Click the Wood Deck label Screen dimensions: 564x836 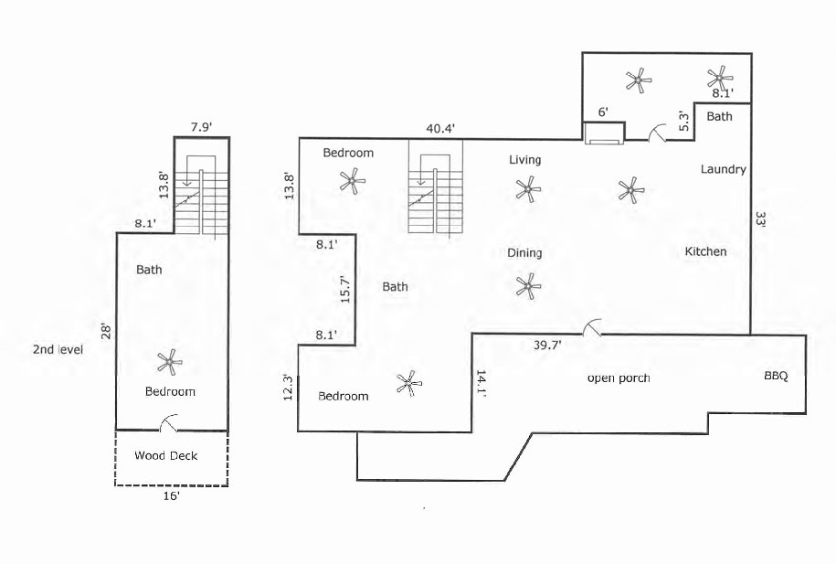(x=165, y=455)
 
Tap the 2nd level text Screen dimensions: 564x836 (x=58, y=350)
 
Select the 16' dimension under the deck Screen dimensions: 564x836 (x=171, y=497)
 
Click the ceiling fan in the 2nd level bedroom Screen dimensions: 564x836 (x=168, y=363)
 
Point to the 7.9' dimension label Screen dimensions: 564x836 (x=201, y=125)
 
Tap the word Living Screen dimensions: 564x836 (x=524, y=160)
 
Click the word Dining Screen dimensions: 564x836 (x=524, y=253)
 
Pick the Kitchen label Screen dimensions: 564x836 (x=705, y=251)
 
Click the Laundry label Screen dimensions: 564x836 (x=724, y=169)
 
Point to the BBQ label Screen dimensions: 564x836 (x=776, y=375)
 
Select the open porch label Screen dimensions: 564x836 (x=619, y=378)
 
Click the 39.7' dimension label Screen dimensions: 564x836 (x=547, y=345)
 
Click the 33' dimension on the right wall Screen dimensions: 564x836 (x=760, y=219)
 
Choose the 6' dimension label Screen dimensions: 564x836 (x=603, y=113)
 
